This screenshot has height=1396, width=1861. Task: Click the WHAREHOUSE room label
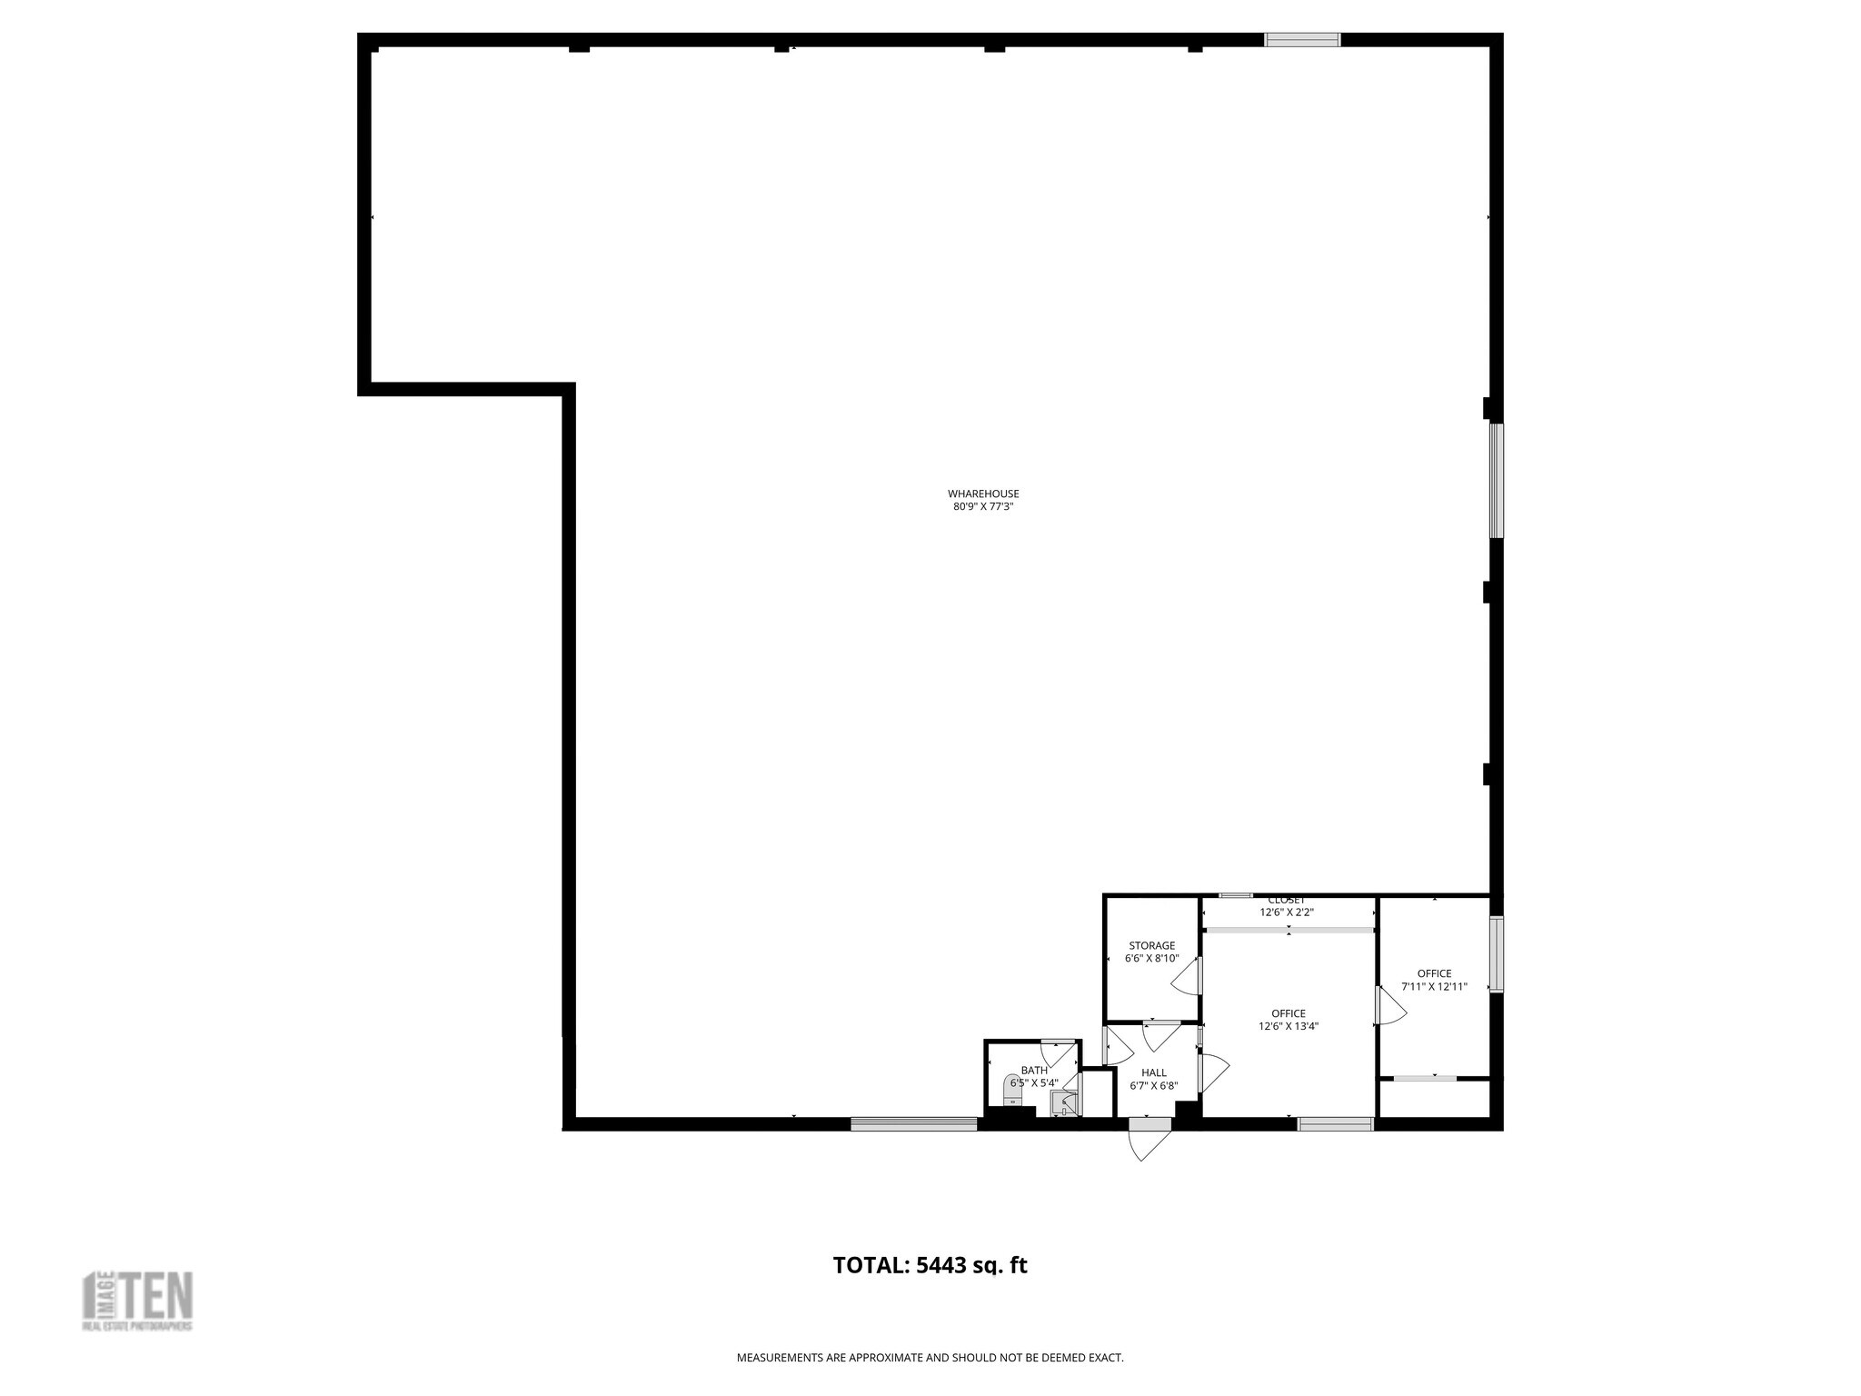[x=983, y=494]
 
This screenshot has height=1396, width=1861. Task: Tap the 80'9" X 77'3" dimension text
[x=983, y=507]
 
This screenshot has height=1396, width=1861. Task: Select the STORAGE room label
[x=1151, y=945]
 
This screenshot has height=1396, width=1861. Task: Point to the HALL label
[x=1154, y=1072]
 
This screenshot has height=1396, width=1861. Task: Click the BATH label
[x=1034, y=1071]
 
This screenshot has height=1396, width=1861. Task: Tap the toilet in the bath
[x=1012, y=1089]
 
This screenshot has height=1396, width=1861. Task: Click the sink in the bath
[x=1063, y=1103]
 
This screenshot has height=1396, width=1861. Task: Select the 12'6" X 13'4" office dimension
[x=1289, y=1027]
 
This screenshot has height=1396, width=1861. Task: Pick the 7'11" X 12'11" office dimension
[x=1434, y=986]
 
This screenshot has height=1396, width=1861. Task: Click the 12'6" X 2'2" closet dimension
[x=1287, y=912]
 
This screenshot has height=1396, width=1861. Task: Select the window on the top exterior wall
[x=1302, y=39]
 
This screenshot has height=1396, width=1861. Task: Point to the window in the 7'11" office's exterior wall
[x=1496, y=953]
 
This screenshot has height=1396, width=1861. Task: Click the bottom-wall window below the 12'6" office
[x=1335, y=1124]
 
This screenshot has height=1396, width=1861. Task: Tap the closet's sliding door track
[x=1289, y=930]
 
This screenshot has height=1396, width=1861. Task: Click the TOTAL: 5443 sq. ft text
[x=930, y=1265]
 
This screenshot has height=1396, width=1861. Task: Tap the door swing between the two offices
[x=1388, y=1007]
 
